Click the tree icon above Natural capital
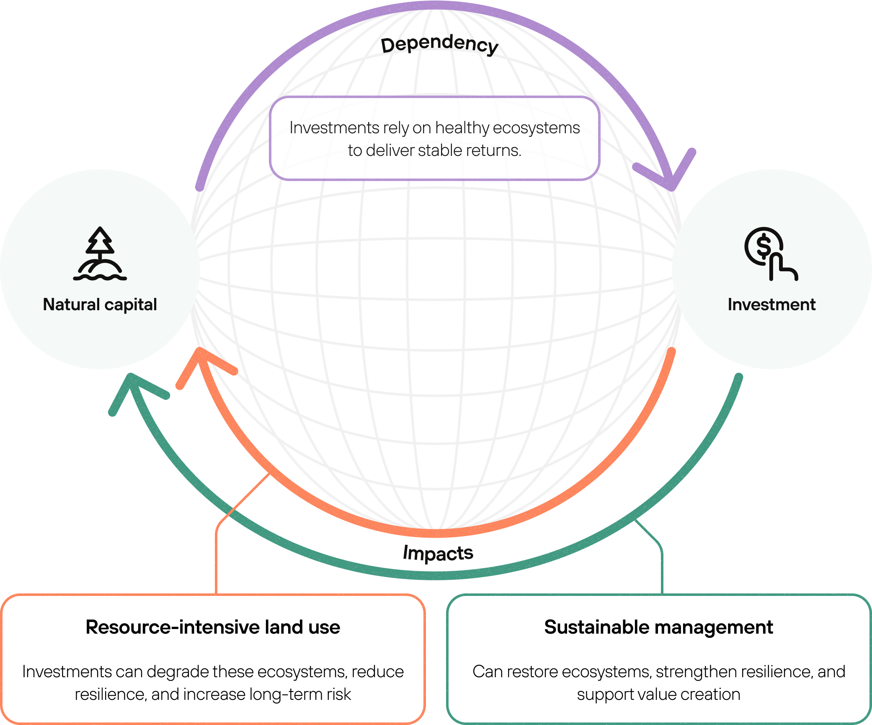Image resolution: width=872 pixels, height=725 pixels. pos(100,254)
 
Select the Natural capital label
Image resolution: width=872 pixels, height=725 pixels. pos(100,305)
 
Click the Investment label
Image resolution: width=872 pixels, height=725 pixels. pos(771,305)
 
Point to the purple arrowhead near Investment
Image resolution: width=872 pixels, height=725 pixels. pos(670,178)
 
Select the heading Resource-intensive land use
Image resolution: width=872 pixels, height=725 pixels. pos(213,627)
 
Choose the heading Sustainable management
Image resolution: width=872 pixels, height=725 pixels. pos(658,627)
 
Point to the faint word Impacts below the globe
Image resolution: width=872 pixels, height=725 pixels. pos(438,553)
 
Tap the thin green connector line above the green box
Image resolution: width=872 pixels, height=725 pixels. pos(662,570)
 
